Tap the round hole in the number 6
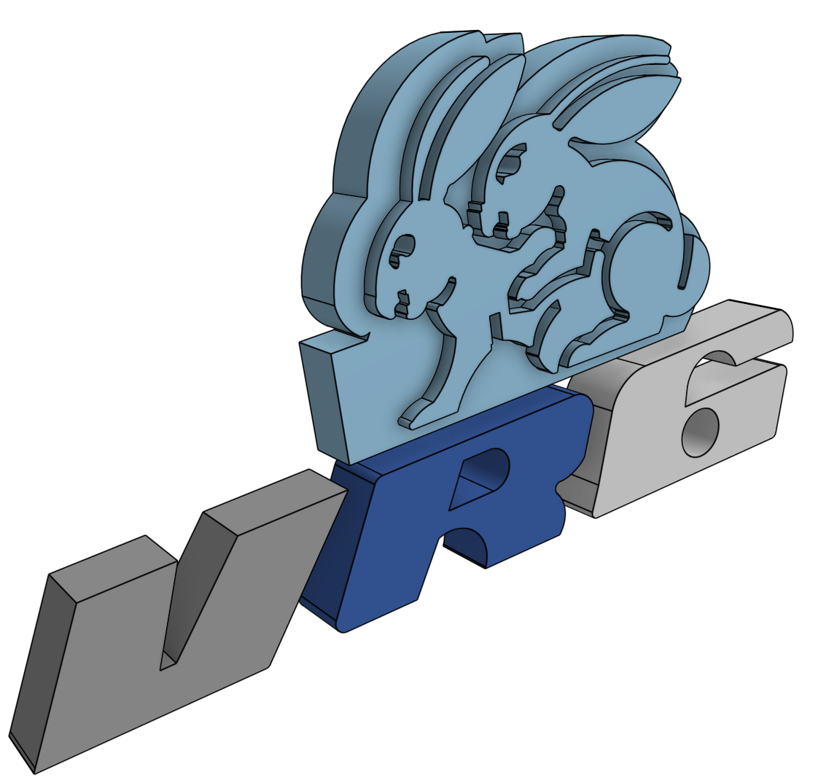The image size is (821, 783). [x=700, y=432]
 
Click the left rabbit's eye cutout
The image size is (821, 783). [x=402, y=248]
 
